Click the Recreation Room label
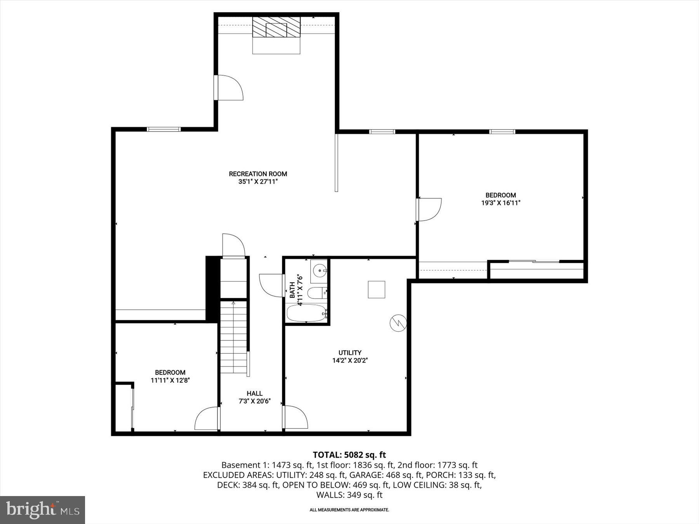[258, 174]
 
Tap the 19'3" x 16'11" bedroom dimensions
[501, 203]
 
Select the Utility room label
[350, 352]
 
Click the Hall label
[254, 393]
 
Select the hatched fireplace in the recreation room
[276, 27]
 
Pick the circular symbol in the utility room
[398, 323]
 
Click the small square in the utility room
[376, 290]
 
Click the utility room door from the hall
[295, 417]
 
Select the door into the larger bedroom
[429, 210]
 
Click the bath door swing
[271, 285]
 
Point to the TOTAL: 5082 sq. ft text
[349, 455]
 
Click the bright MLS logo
[42, 510]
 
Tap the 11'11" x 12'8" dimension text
[170, 380]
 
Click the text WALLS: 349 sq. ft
[349, 495]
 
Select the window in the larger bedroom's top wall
[502, 132]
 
